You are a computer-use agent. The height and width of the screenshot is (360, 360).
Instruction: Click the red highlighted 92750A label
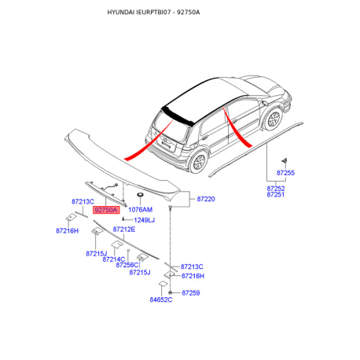click(106, 210)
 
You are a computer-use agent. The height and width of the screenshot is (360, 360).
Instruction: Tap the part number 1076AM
click(140, 210)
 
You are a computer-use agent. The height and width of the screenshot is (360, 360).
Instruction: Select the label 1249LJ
click(145, 220)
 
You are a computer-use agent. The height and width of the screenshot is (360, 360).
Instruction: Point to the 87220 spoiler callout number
click(206, 199)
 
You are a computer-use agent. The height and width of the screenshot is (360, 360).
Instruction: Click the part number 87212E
click(124, 230)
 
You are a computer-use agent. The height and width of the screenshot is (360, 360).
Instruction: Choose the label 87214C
click(114, 259)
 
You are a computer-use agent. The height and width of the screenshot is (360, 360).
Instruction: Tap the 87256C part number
click(127, 265)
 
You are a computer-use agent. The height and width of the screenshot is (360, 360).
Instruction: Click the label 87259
click(191, 292)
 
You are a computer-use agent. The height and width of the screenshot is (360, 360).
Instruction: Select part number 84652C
click(161, 299)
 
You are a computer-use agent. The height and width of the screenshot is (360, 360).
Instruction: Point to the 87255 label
click(285, 173)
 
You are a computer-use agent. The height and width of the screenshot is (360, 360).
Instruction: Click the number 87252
click(276, 189)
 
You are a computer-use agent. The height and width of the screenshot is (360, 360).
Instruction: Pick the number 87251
click(276, 194)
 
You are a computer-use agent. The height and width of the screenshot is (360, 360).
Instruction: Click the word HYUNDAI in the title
click(121, 13)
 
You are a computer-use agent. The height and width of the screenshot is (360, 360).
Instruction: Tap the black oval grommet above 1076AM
click(140, 195)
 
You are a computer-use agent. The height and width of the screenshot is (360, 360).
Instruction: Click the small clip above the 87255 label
click(285, 160)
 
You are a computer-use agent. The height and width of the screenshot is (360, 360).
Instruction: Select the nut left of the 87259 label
click(171, 292)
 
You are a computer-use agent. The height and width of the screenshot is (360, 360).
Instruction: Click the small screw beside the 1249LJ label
click(123, 219)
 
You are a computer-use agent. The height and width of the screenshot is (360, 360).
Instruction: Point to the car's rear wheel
click(199, 162)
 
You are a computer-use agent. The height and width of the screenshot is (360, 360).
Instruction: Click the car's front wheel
click(274, 119)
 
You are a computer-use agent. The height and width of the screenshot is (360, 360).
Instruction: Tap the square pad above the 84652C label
click(163, 285)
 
